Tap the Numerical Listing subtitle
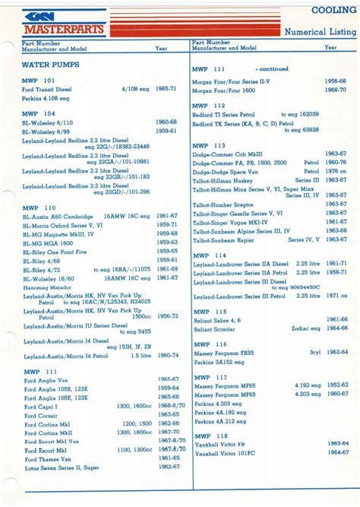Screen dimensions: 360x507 click(x=318, y=33)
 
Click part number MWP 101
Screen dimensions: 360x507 click(x=39, y=80)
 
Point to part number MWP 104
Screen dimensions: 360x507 click(x=39, y=113)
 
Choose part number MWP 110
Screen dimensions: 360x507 click(x=39, y=207)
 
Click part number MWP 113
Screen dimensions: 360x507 click(x=209, y=145)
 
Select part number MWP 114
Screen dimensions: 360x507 click(x=209, y=255)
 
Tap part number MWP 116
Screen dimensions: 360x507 click(x=209, y=344)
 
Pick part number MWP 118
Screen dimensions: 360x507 click(x=209, y=435)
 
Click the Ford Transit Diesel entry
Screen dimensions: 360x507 click(x=49, y=89)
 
